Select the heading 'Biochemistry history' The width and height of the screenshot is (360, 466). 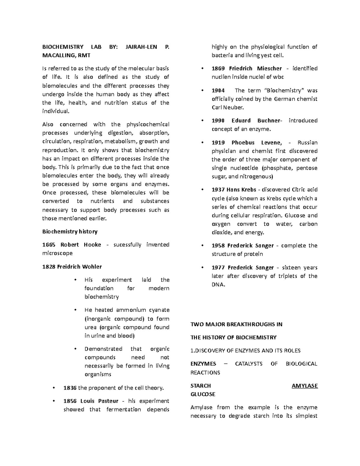click(x=70, y=231)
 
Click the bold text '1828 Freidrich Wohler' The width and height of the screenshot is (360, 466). click(x=72, y=266)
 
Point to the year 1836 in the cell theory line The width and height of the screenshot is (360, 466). click(x=70, y=388)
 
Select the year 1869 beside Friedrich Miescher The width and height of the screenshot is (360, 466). click(x=218, y=68)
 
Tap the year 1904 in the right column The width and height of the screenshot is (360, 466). click(x=218, y=90)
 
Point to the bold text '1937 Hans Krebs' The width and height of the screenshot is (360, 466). click(x=234, y=190)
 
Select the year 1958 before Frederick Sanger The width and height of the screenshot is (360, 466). click(x=218, y=245)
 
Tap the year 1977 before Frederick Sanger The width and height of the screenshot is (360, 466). click(x=218, y=267)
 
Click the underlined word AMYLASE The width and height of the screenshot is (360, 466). click(x=304, y=386)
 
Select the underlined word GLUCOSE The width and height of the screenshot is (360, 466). click(x=203, y=394)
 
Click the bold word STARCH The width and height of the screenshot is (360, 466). click(x=201, y=386)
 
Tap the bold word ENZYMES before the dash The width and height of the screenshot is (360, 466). click(x=203, y=364)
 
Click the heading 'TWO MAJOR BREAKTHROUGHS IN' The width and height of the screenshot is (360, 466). click(x=236, y=324)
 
